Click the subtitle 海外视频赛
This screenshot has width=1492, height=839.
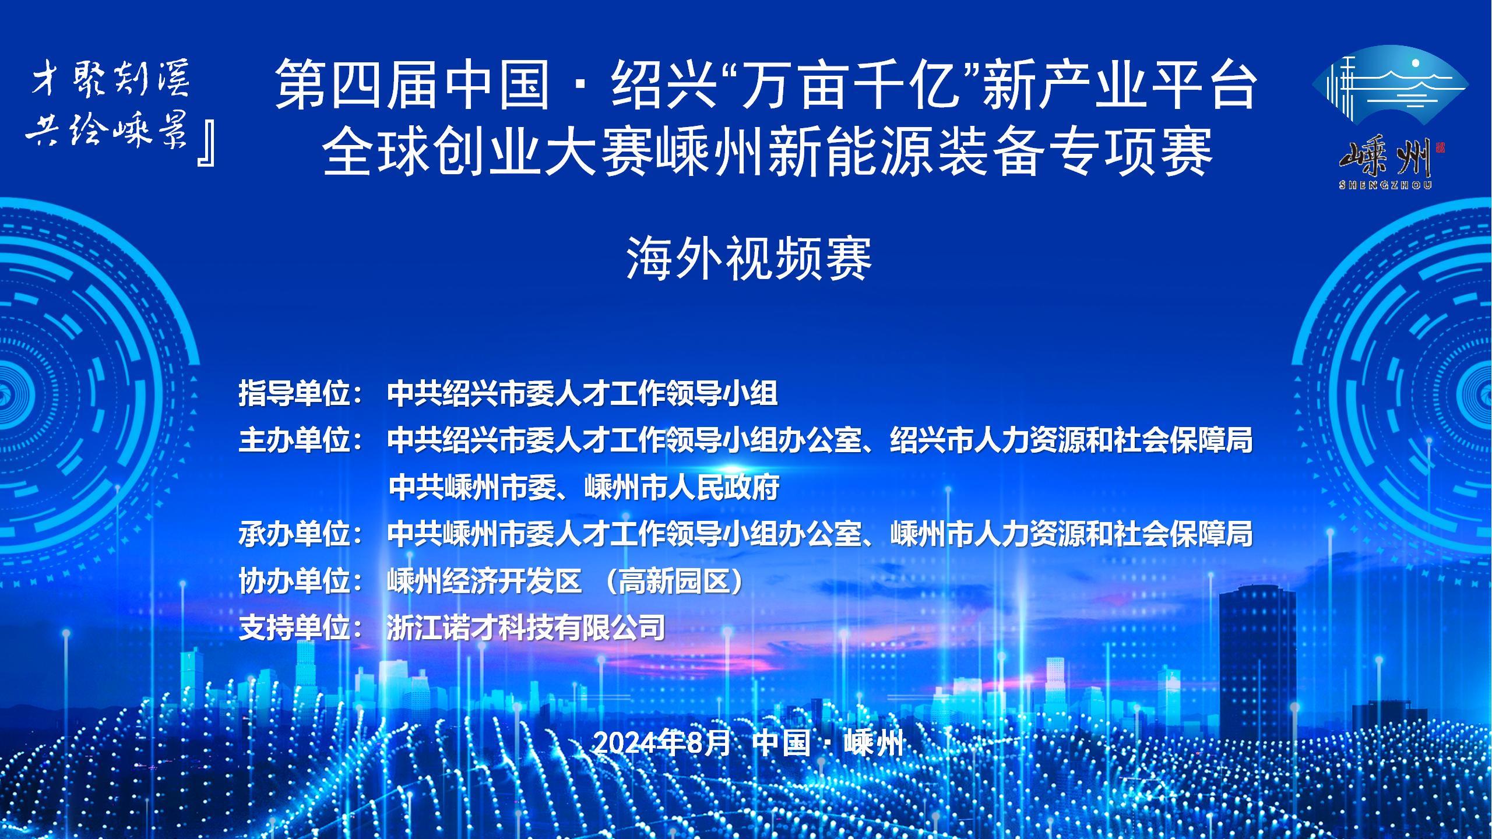[749, 259]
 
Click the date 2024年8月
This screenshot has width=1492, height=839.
[662, 743]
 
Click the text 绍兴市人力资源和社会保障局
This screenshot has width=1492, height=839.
[1071, 440]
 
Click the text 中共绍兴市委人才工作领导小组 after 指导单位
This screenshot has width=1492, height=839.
[582, 394]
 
